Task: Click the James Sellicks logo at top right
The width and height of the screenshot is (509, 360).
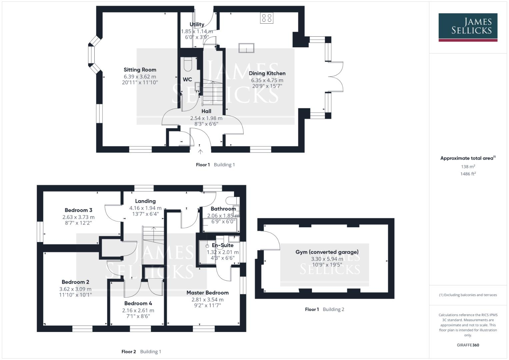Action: click(x=468, y=27)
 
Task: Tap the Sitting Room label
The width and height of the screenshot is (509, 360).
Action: click(x=140, y=70)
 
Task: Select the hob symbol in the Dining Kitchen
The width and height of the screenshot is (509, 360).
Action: click(x=267, y=18)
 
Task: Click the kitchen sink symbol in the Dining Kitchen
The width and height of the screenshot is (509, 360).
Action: click(x=246, y=48)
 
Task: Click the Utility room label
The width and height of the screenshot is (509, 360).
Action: click(x=197, y=24)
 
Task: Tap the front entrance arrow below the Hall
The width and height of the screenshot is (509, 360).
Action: click(x=200, y=152)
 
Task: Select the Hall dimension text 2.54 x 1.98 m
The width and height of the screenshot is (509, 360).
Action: click(x=206, y=118)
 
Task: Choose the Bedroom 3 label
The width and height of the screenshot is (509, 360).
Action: click(x=78, y=210)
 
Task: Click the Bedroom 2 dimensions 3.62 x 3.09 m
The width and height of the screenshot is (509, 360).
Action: click(x=75, y=289)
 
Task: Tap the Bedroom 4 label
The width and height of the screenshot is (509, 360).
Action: click(x=138, y=303)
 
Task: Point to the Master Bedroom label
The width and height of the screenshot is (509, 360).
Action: click(x=207, y=293)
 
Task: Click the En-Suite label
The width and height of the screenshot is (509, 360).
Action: click(x=223, y=245)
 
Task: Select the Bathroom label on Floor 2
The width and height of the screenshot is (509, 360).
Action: click(x=223, y=209)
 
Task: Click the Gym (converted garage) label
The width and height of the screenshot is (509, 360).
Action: click(x=327, y=252)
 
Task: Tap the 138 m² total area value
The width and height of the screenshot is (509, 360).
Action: click(x=468, y=167)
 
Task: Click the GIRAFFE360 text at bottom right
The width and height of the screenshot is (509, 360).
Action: click(x=468, y=345)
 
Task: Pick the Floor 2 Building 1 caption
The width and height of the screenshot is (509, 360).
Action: click(x=141, y=351)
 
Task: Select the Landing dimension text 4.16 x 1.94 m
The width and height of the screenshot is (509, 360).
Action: click(x=145, y=208)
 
